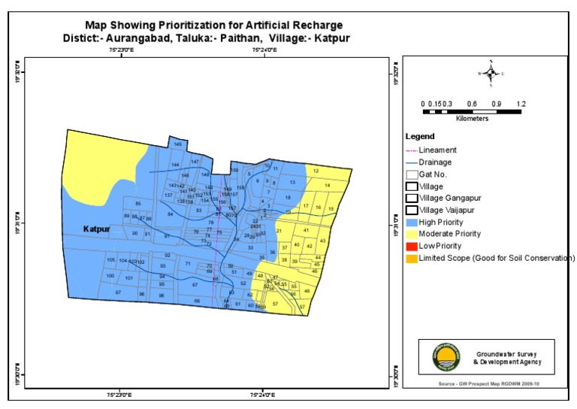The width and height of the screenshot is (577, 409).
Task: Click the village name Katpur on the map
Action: (x=97, y=228)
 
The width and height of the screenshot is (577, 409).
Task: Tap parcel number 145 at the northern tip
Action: (x=178, y=144)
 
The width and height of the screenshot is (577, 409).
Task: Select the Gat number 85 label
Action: (x=137, y=204)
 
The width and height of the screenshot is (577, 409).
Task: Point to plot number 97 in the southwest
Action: (x=117, y=292)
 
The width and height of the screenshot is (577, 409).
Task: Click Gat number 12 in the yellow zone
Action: (x=317, y=171)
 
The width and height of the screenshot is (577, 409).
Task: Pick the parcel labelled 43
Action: (x=322, y=241)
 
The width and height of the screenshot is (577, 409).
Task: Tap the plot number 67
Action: (x=195, y=285)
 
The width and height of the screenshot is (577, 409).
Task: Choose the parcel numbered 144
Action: (x=175, y=165)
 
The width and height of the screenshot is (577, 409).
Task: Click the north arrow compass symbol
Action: (x=491, y=73)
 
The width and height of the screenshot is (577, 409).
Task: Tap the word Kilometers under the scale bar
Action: (x=472, y=119)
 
